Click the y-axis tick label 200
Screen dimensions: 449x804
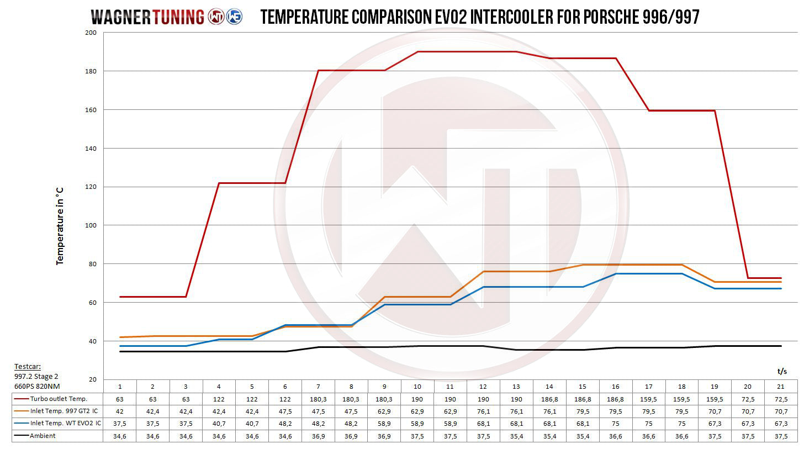click(x=90, y=33)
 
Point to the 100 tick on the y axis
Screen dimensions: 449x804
click(x=90, y=225)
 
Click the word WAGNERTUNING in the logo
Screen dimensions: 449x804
click(x=147, y=17)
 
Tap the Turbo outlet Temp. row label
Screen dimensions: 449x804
click(x=59, y=399)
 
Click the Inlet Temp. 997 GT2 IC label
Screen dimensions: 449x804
click(x=65, y=411)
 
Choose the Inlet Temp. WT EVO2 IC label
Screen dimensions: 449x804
click(x=66, y=424)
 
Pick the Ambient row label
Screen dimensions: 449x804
click(x=43, y=436)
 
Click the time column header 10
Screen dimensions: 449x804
click(x=417, y=387)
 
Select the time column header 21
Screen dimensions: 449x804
click(x=781, y=387)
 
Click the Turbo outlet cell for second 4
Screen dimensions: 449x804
click(x=219, y=399)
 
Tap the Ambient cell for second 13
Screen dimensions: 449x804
click(x=516, y=436)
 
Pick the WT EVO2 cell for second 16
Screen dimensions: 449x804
click(x=616, y=424)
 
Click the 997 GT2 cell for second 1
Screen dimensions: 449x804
click(x=120, y=411)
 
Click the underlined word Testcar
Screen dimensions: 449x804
click(x=28, y=367)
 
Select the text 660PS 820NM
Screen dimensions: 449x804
click(x=37, y=386)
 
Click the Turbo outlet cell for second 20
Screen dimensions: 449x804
click(x=748, y=399)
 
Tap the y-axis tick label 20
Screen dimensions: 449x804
click(x=92, y=379)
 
